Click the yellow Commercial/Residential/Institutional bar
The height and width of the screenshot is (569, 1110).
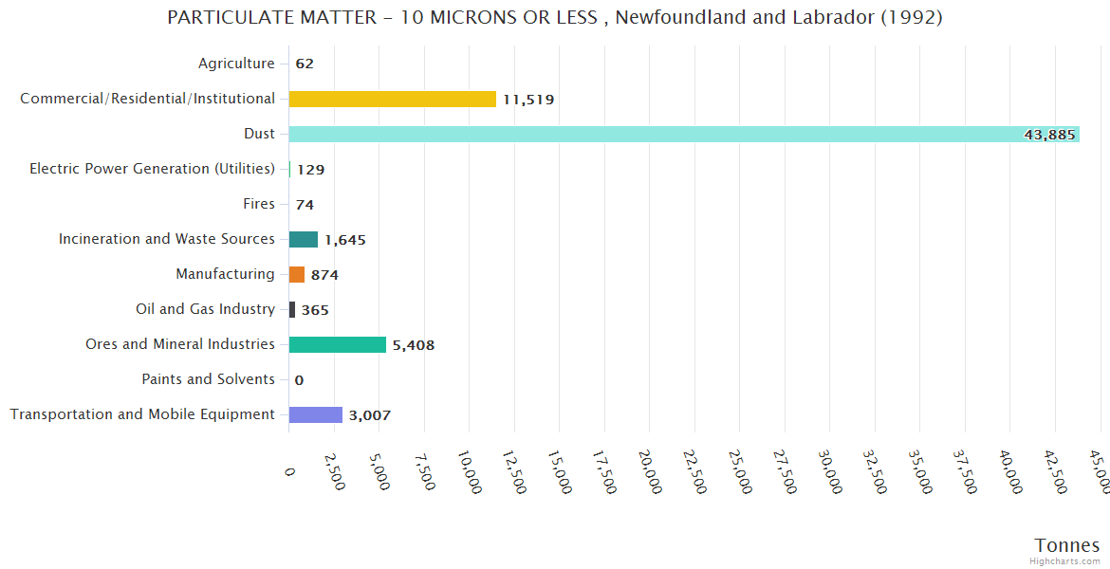(x=392, y=99)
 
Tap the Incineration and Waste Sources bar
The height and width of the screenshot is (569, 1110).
(x=304, y=239)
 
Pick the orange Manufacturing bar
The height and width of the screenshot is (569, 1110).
(x=297, y=274)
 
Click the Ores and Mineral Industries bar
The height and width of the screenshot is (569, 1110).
(x=337, y=344)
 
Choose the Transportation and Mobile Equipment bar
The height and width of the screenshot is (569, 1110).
(x=315, y=414)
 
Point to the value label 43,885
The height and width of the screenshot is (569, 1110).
(x=1049, y=135)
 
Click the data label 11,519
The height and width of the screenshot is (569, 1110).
(x=528, y=100)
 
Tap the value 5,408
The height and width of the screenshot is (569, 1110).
(x=414, y=345)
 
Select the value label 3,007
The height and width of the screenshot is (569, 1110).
(x=369, y=415)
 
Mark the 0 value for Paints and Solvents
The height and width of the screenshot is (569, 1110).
(x=299, y=380)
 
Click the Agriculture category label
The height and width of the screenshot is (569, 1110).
(x=236, y=64)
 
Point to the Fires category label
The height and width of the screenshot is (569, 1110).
(x=259, y=204)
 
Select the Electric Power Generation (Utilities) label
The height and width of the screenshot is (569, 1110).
(x=152, y=169)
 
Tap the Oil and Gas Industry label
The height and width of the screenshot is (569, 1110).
(x=205, y=309)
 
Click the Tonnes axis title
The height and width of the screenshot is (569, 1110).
(x=1066, y=545)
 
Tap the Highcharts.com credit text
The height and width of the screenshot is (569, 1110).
(x=1065, y=561)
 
